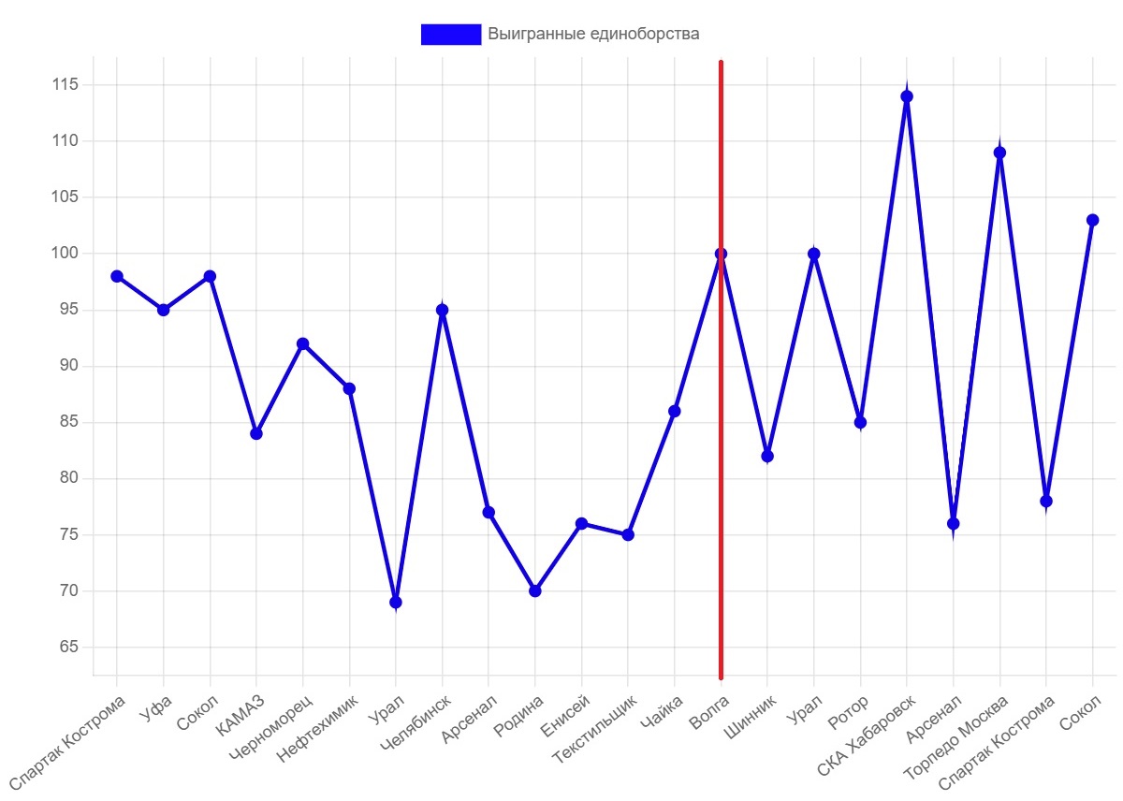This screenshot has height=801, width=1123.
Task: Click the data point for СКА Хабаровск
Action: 906,96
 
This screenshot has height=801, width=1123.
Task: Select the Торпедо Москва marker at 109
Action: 999,153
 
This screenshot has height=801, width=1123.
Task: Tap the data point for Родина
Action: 534,590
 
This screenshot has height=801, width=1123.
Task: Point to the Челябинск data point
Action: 442,310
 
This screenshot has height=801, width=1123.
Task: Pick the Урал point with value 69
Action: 395,602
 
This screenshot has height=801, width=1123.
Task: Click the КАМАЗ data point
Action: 255,433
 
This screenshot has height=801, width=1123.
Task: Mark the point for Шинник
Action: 766,456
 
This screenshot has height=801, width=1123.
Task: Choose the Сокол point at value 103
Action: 1092,220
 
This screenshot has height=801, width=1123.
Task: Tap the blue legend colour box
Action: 450,35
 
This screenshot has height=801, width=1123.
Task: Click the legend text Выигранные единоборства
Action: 593,35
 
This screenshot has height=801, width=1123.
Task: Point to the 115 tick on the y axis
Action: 66,85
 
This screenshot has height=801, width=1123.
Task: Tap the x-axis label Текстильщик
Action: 596,726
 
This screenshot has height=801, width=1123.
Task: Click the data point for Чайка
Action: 674,411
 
